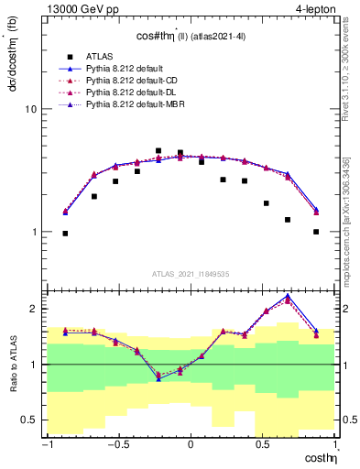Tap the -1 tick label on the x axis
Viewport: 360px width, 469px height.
tap(45, 445)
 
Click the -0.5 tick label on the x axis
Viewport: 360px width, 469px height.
tap(117, 445)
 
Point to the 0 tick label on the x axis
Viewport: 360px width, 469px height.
tap(191, 445)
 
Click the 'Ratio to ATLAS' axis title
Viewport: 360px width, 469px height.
tap(10, 364)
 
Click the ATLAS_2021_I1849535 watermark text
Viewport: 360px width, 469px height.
tap(191, 273)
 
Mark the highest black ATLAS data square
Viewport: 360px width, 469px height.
tap(158, 150)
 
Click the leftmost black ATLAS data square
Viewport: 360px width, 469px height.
tap(65, 234)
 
